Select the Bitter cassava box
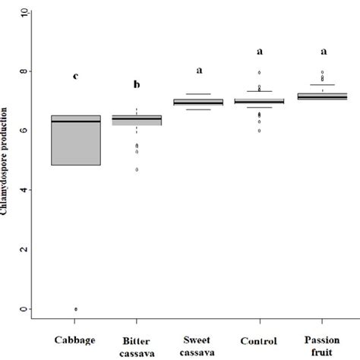[142, 120]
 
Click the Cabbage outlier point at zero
[76, 309]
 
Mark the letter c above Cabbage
[76, 76]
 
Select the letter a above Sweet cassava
[199, 70]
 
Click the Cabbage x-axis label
[76, 339]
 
